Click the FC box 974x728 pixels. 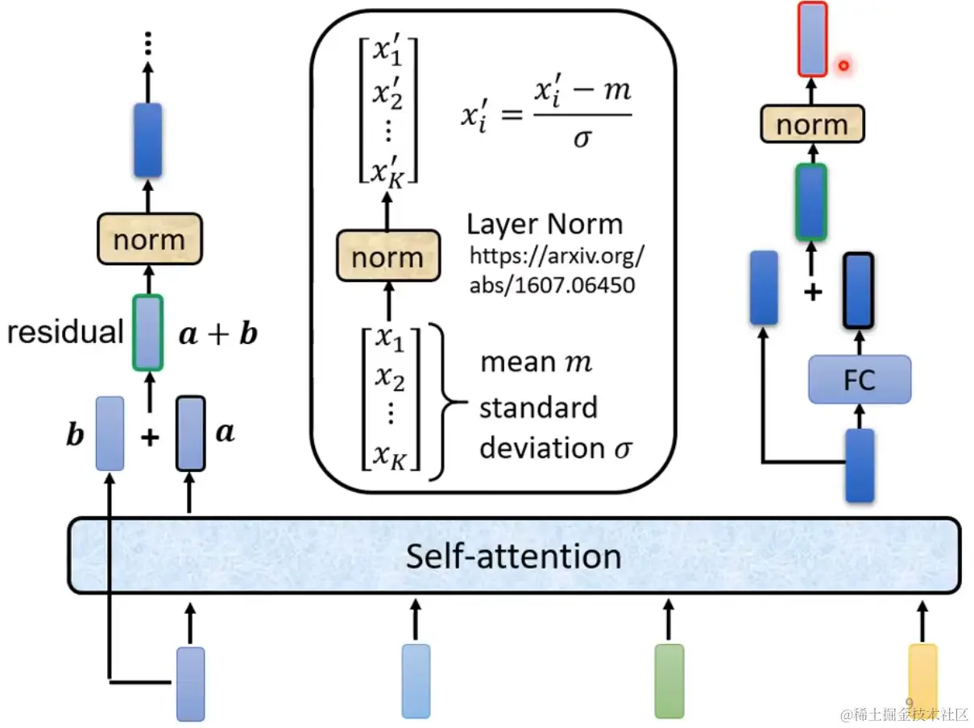pyautogui.click(x=860, y=379)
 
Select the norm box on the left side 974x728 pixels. pyautogui.click(x=148, y=240)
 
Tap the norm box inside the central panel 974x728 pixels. pyautogui.click(x=388, y=257)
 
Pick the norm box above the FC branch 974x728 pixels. pyautogui.click(x=812, y=125)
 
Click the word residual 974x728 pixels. pyautogui.click(x=64, y=332)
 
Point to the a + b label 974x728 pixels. pyautogui.click(x=217, y=333)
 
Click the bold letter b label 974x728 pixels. pyautogui.click(x=75, y=435)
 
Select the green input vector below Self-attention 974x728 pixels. pyautogui.click(x=669, y=680)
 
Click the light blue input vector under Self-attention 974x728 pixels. pyautogui.click(x=416, y=680)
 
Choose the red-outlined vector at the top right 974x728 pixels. pyautogui.click(x=812, y=39)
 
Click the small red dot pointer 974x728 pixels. pyautogui.click(x=843, y=65)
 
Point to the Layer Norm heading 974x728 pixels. pyautogui.click(x=545, y=224)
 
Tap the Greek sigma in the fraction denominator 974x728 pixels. pyautogui.click(x=582, y=139)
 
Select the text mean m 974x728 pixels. pyautogui.click(x=536, y=362)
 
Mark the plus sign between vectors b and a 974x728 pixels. pyautogui.click(x=150, y=437)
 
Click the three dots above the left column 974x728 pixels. pyautogui.click(x=148, y=44)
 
